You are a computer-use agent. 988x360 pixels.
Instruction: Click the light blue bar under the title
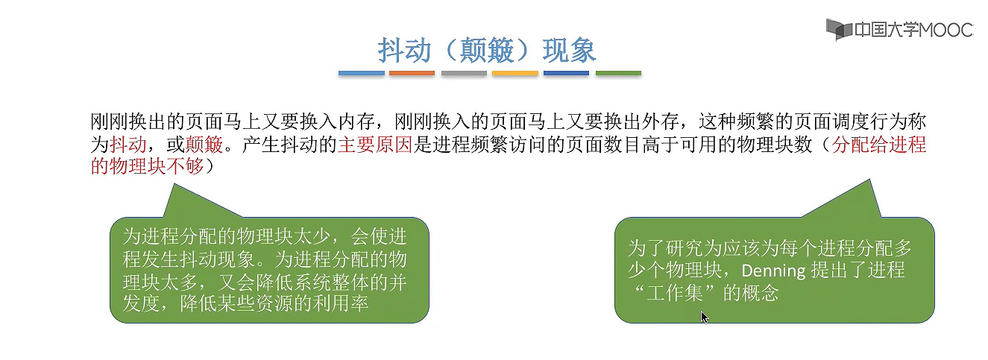[x=361, y=73]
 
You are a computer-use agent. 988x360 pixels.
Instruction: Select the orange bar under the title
[x=412, y=73]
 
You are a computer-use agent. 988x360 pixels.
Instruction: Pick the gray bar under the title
[x=463, y=73]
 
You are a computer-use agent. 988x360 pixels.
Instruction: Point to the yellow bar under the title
[x=515, y=73]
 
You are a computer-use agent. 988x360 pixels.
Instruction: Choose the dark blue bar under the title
[x=566, y=73]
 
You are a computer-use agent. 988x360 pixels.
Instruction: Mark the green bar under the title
[x=618, y=73]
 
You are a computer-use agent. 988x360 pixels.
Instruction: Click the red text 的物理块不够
[x=145, y=166]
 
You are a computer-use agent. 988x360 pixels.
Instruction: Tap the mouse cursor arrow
[x=703, y=316]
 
